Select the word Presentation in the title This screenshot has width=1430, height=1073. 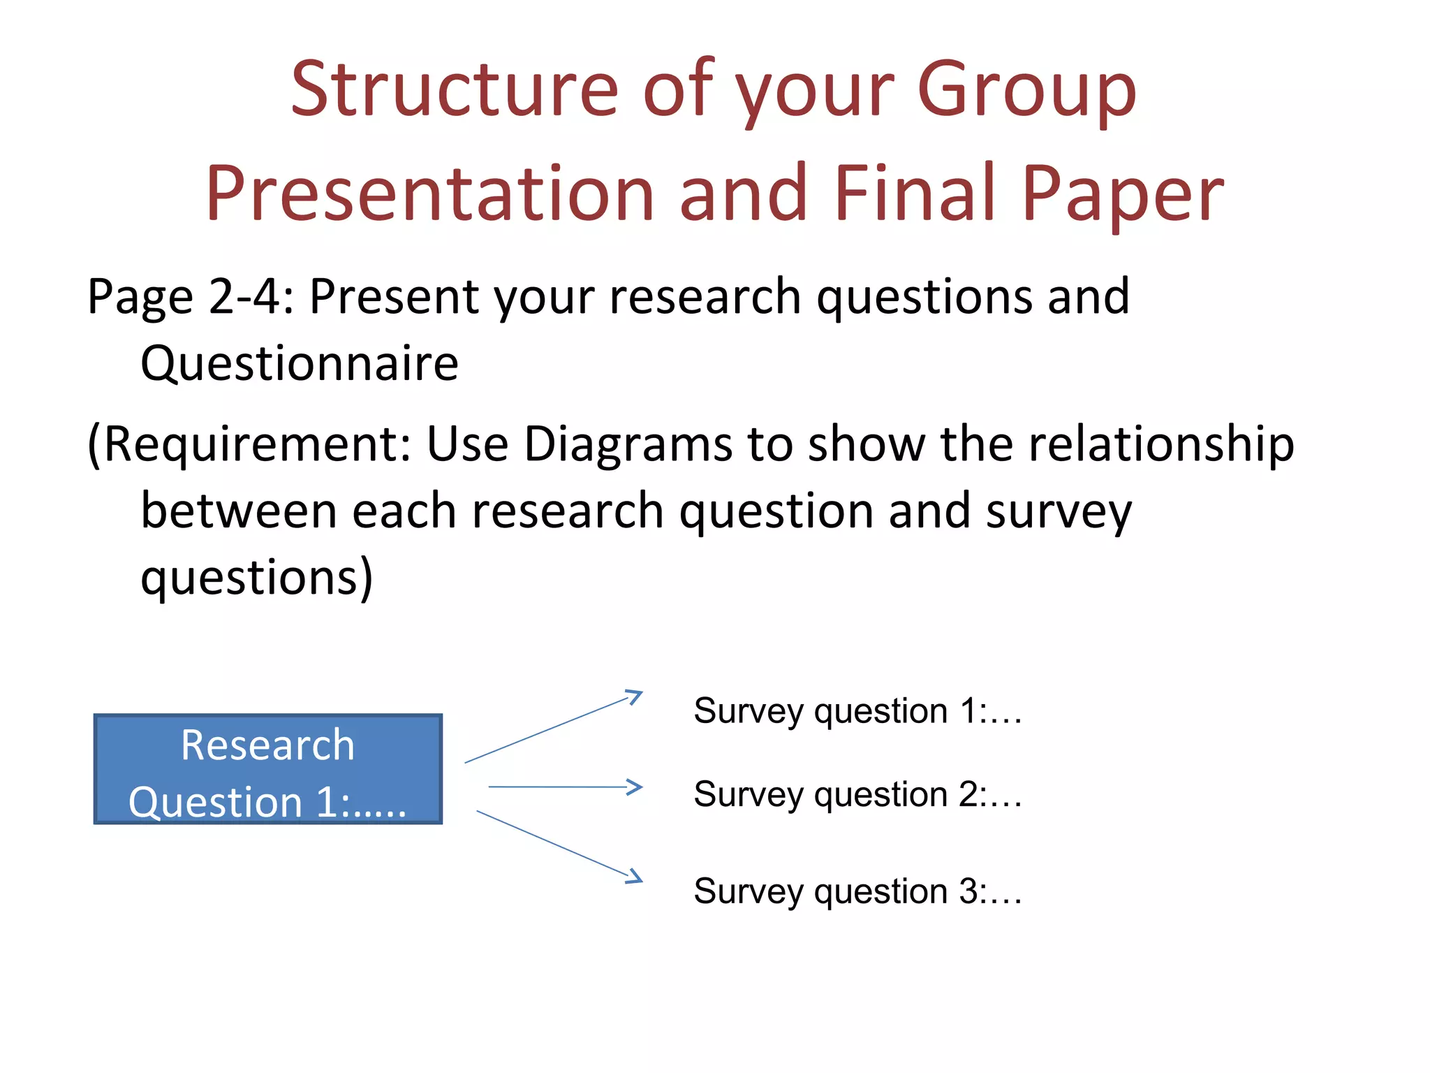429,194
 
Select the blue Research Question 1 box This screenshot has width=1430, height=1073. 268,769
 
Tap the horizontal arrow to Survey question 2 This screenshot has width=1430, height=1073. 565,787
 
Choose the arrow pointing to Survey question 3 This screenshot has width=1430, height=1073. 559,846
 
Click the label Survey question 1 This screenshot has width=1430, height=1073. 857,712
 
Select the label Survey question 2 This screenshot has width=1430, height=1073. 857,795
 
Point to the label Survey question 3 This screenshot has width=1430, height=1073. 857,892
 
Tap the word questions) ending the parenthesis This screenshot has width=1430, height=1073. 257,578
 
